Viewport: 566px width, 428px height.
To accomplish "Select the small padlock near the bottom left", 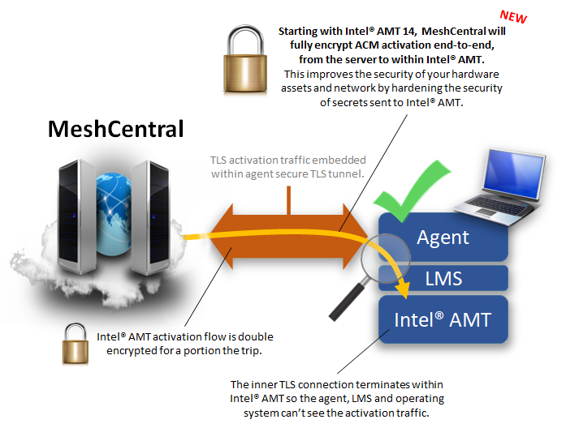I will [x=76, y=345].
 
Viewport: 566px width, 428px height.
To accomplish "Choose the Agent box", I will [x=443, y=238].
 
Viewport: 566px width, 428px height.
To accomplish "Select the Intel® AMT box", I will [x=443, y=319].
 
